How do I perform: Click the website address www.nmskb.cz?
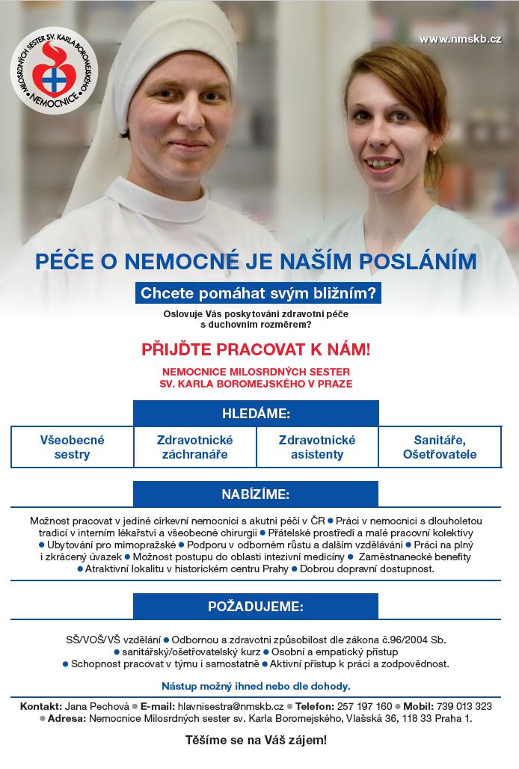[x=460, y=39]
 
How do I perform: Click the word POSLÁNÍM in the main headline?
[x=418, y=262]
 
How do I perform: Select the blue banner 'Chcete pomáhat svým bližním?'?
[x=258, y=292]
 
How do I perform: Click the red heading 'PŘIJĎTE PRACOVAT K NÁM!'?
[x=256, y=349]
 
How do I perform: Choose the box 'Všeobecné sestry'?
[x=72, y=447]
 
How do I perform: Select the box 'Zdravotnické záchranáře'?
[x=194, y=447]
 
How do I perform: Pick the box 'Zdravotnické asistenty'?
[x=317, y=447]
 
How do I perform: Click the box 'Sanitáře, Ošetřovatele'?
[x=440, y=447]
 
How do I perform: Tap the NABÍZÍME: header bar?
[x=256, y=494]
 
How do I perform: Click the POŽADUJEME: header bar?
[x=256, y=607]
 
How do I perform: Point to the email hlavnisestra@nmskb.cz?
[x=230, y=706]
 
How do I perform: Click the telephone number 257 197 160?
[x=363, y=706]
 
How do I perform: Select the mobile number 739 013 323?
[x=463, y=706]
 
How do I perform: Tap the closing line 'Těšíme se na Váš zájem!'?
[x=256, y=741]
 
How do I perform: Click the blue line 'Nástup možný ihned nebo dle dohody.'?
[x=256, y=685]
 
